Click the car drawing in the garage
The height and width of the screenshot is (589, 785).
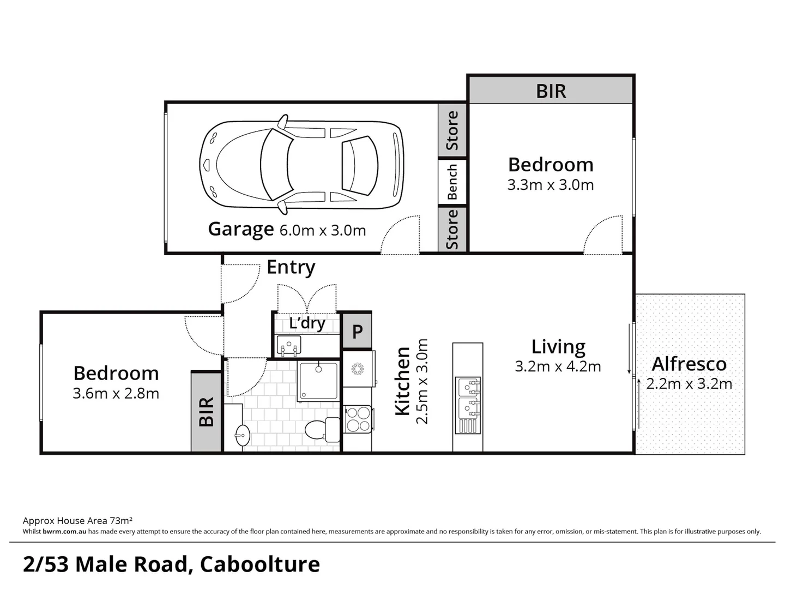pyautogui.click(x=302, y=164)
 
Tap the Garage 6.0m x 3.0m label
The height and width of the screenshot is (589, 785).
pyautogui.click(x=287, y=230)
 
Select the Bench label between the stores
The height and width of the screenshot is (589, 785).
pyautogui.click(x=452, y=182)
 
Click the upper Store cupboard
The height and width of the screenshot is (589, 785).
pyautogui.click(x=452, y=130)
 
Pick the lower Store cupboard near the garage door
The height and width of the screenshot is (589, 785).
pyautogui.click(x=452, y=230)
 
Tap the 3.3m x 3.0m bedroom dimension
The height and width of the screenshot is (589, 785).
pyautogui.click(x=550, y=185)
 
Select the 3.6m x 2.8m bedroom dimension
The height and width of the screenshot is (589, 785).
pyautogui.click(x=116, y=394)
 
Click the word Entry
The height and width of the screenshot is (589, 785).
pyautogui.click(x=291, y=267)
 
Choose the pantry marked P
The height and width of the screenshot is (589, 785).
pyautogui.click(x=357, y=331)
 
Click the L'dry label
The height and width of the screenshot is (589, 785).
pyautogui.click(x=307, y=323)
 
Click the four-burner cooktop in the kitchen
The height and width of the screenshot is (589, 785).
pyautogui.click(x=358, y=419)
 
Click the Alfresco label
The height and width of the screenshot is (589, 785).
pyautogui.click(x=689, y=364)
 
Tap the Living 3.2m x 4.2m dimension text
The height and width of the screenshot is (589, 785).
pyautogui.click(x=558, y=366)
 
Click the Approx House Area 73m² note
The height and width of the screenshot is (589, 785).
pyautogui.click(x=78, y=521)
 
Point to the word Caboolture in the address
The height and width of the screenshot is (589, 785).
pyautogui.click(x=260, y=564)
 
